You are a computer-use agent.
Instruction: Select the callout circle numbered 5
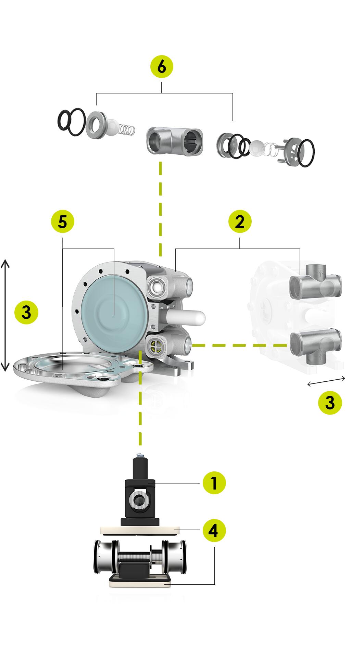click(62, 222)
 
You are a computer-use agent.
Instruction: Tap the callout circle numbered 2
click(240, 222)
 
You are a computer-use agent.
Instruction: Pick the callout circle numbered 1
click(214, 483)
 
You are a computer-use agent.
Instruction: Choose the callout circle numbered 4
click(214, 531)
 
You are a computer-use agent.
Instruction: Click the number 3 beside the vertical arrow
click(26, 313)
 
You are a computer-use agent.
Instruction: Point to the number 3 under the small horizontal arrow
click(330, 403)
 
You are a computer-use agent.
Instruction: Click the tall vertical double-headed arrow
click(5, 315)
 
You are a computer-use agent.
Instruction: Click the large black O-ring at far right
click(306, 153)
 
